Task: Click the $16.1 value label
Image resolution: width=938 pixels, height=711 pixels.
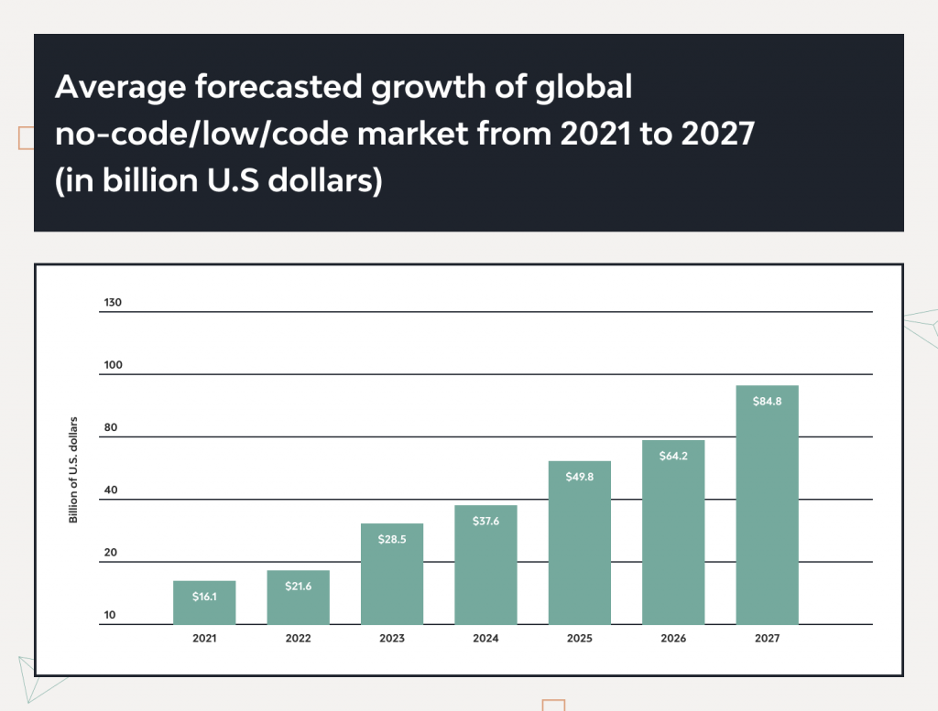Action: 204,596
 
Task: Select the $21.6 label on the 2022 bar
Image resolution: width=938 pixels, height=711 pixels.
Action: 298,586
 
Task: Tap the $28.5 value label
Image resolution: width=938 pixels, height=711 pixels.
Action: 392,539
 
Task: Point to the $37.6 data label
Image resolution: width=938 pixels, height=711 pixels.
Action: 485,521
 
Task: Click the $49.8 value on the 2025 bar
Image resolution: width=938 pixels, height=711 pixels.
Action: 579,476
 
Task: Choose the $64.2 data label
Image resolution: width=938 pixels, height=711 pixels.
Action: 673,456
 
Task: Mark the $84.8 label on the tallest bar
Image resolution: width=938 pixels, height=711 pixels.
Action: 767,401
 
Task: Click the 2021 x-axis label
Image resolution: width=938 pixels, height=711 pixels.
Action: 204,638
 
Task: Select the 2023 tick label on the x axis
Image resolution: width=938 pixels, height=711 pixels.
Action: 392,638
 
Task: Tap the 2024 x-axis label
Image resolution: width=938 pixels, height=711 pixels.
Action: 485,638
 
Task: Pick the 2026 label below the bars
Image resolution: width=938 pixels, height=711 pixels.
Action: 673,638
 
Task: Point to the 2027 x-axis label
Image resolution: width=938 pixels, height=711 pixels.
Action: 767,638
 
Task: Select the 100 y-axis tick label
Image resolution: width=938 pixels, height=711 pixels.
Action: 112,365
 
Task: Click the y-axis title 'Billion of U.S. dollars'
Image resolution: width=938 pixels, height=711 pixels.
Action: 73,470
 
